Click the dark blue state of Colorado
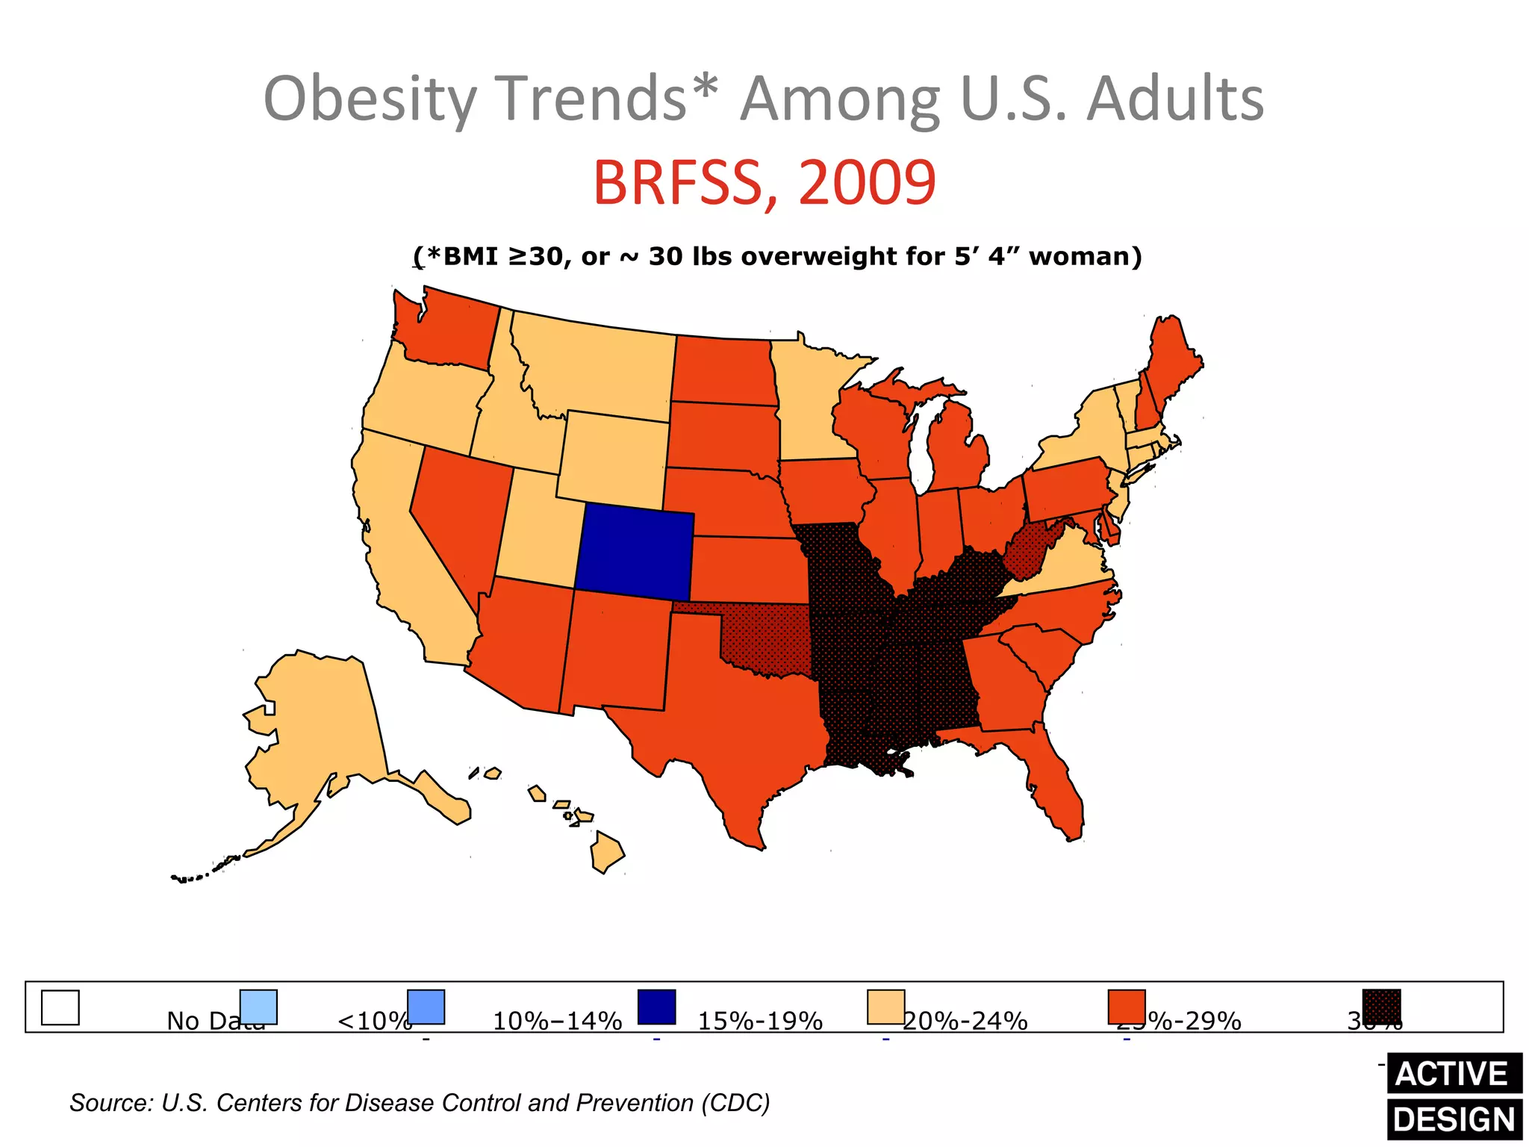point(635,553)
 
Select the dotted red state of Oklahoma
point(769,635)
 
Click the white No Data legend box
point(60,1007)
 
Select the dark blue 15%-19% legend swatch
point(656,1007)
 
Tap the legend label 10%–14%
point(557,1020)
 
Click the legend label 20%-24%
point(965,1020)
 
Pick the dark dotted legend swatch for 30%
point(1381,1007)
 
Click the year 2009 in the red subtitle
point(866,183)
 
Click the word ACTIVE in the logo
point(1452,1074)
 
